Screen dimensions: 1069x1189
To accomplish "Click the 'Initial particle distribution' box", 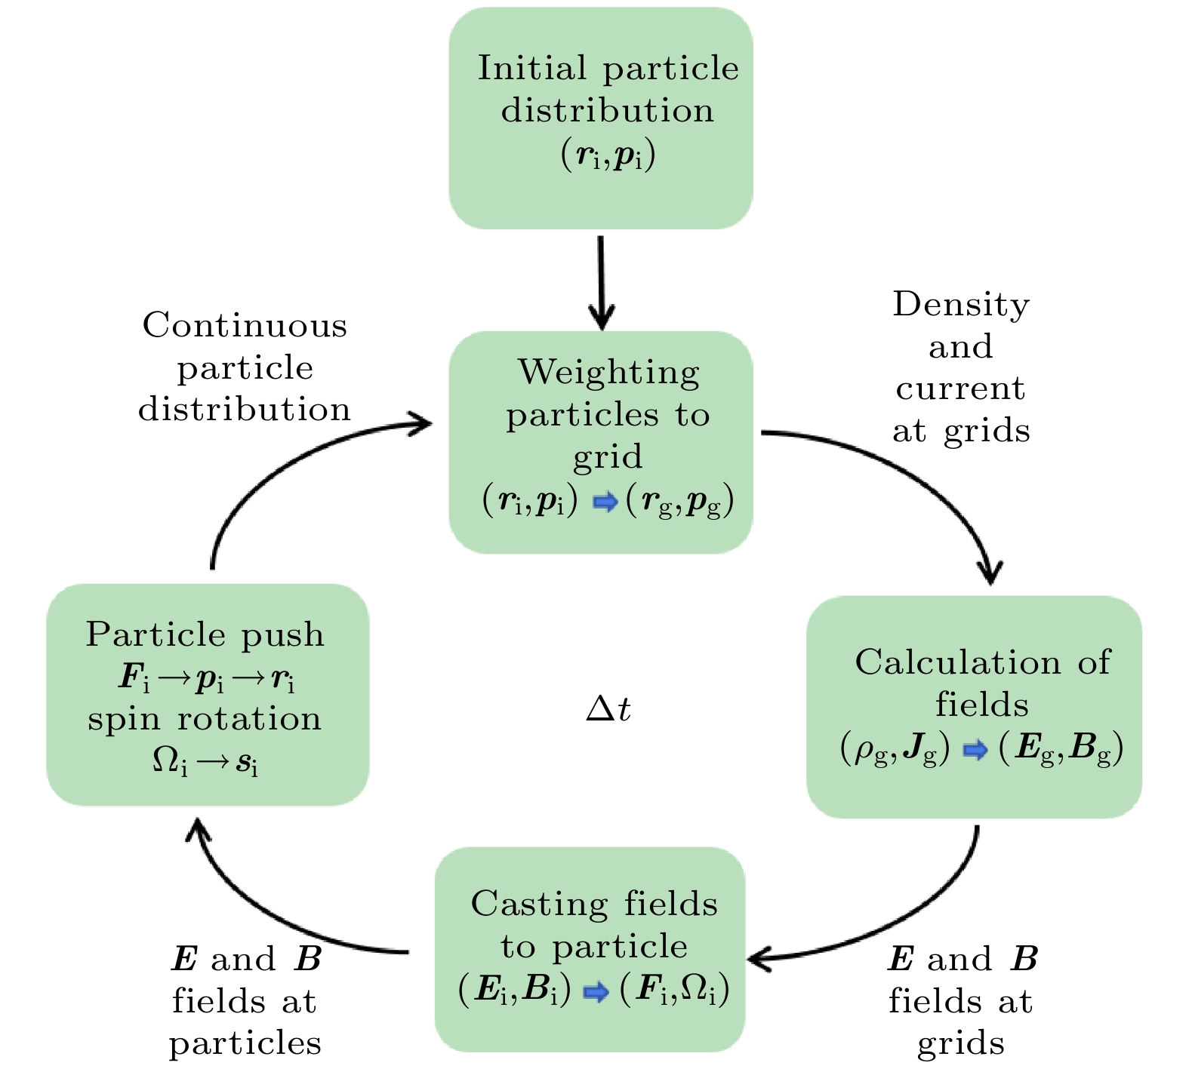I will tap(601, 118).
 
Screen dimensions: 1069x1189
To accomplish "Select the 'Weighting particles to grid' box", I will tap(601, 442).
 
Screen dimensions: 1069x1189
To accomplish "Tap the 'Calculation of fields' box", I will tap(974, 707).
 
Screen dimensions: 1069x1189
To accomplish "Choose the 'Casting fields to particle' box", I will tap(590, 949).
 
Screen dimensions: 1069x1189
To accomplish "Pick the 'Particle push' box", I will tap(208, 695).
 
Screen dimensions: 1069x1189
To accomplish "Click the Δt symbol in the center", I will tap(608, 709).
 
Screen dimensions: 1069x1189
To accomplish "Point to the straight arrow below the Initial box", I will tap(601, 282).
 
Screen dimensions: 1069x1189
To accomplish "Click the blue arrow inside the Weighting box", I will tap(605, 502).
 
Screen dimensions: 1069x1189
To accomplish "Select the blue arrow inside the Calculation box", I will tap(975, 750).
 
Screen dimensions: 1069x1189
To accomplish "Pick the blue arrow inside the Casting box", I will tap(596, 992).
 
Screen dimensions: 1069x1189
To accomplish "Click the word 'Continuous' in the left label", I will tap(245, 326).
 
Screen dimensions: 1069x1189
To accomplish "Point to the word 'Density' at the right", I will tap(961, 305).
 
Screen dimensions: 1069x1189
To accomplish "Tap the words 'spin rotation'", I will tap(205, 719).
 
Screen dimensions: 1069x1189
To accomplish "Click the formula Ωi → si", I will tap(205, 762).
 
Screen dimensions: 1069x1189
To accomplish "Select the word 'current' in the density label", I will tap(960, 389).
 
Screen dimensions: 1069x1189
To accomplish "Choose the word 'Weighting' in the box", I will tap(608, 373).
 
